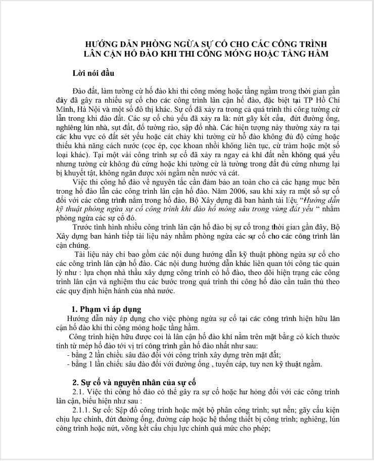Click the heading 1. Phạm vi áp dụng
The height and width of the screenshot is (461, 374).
[x=107, y=309]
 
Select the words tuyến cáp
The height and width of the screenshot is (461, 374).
[x=235, y=364]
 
